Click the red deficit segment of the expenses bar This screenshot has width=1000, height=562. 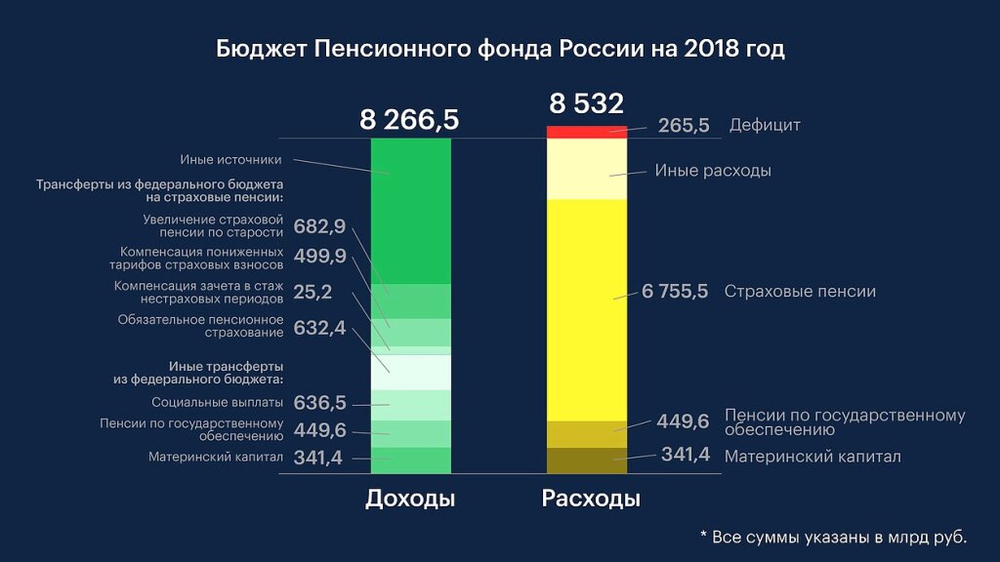586,132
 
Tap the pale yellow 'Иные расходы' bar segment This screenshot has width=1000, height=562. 586,169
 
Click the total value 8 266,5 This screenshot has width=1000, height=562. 409,120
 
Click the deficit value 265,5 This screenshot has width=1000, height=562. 684,126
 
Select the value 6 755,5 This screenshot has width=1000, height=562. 675,292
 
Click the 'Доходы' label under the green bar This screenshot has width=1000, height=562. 410,500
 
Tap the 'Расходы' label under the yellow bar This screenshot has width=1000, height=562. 591,500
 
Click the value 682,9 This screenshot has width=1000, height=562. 319,227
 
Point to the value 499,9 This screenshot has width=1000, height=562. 319,257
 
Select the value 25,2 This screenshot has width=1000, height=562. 312,292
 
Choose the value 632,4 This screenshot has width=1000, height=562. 319,328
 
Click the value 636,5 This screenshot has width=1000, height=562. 319,403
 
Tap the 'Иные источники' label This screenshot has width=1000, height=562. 230,160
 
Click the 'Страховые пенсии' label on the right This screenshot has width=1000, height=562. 800,292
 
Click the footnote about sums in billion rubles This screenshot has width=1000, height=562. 833,537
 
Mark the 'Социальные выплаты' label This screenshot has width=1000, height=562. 218,402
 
